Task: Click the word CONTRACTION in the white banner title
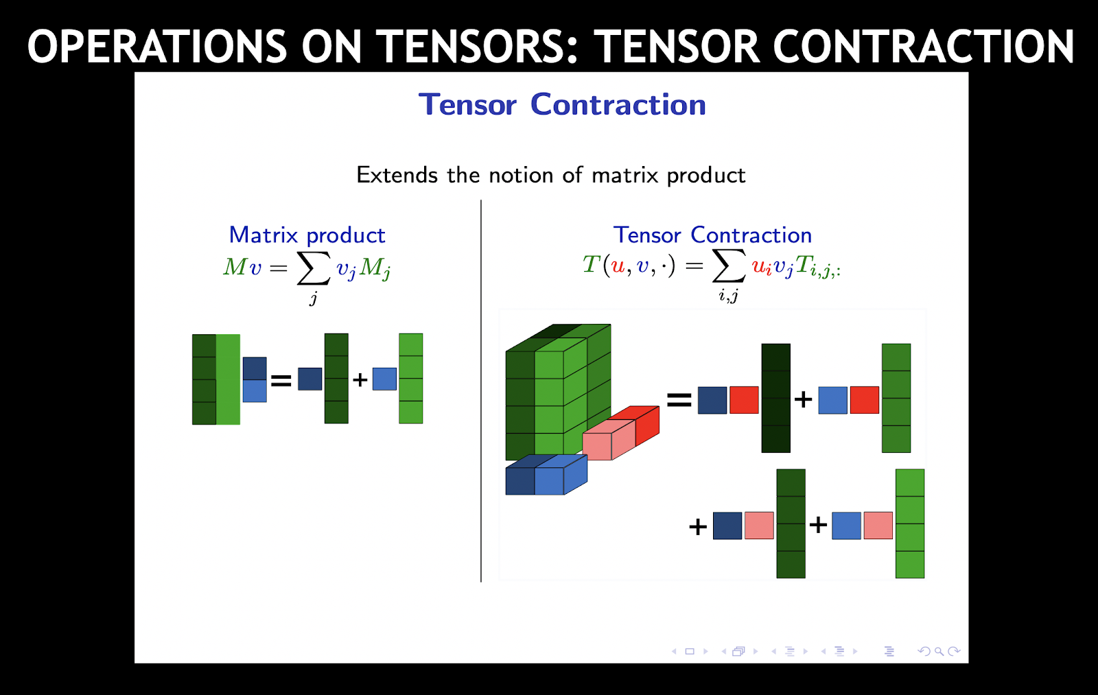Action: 923,47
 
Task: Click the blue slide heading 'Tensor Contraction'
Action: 562,105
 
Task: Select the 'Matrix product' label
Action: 307,235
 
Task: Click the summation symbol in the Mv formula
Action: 313,268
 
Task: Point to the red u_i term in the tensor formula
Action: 761,267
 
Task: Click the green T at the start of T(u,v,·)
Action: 591,264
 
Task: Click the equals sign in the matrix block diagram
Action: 281,380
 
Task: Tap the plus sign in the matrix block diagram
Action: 360,379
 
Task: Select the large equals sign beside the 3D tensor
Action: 679,399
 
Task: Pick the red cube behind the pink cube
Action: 645,422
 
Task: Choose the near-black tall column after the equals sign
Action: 775,398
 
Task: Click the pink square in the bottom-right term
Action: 878,526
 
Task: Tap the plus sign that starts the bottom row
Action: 697,526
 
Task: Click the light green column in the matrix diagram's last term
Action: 410,379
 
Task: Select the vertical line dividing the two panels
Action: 481,391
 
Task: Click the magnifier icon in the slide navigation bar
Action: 939,652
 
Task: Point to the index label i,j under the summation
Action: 728,296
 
